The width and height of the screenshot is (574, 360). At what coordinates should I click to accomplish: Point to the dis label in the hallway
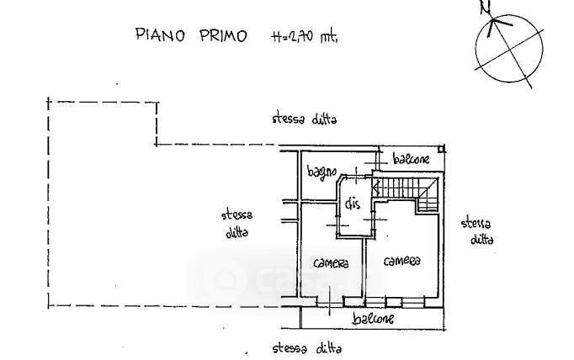(x=353, y=202)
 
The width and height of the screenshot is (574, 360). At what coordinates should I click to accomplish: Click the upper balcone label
(x=411, y=159)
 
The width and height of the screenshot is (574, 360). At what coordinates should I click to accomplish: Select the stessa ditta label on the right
(x=478, y=230)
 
